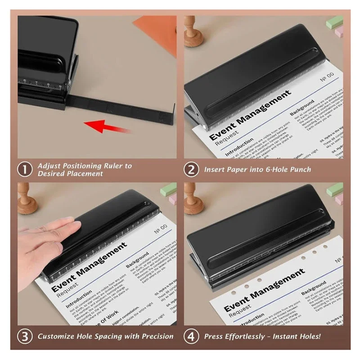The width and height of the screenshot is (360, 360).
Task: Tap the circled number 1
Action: pos(25,169)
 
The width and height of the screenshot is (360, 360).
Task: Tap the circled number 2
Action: pos(192,169)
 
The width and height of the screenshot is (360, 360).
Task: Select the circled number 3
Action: pos(25,336)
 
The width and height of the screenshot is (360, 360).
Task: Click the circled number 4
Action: pos(192,336)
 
